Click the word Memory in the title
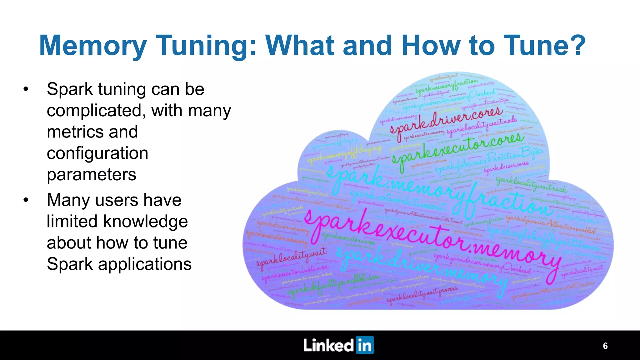click(x=93, y=46)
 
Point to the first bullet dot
click(x=26, y=89)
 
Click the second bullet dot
click(x=26, y=200)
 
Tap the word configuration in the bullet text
click(x=97, y=153)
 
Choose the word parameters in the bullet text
click(x=92, y=174)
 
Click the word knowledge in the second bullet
click(x=145, y=221)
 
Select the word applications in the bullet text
click(x=145, y=264)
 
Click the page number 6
click(x=605, y=346)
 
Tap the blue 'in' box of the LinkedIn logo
click(x=365, y=345)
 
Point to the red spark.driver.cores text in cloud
click(x=447, y=120)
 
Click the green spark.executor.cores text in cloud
click(x=458, y=150)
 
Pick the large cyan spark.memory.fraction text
click(x=437, y=194)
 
